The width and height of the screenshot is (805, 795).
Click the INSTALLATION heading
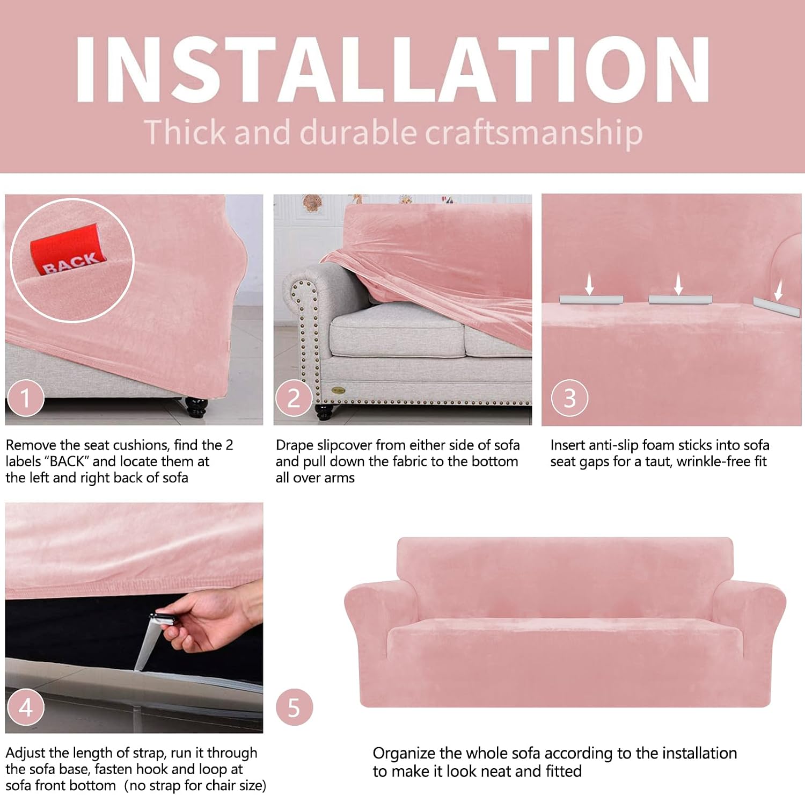[393, 69]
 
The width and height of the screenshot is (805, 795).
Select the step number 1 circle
[25, 398]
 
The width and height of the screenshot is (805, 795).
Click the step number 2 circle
[294, 398]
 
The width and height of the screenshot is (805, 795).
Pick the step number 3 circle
[570, 398]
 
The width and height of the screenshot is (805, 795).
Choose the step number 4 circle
[25, 707]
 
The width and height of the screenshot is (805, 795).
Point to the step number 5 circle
[294, 707]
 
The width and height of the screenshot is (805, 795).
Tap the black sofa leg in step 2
[324, 412]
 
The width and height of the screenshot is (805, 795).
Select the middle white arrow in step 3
[678, 284]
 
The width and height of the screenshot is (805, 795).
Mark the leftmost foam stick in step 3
[591, 300]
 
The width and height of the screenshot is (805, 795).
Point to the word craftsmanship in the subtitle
[534, 133]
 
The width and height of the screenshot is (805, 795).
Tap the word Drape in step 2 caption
[295, 445]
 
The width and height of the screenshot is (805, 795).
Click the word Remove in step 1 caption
[31, 445]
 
